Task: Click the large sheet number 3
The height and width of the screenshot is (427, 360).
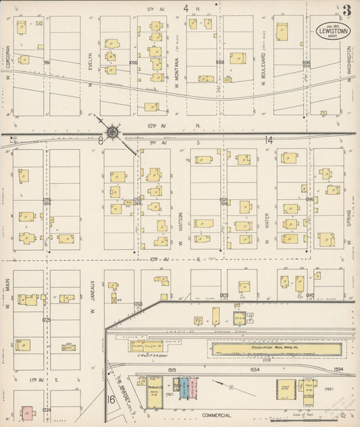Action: (346, 11)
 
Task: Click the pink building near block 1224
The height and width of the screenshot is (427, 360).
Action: (27, 411)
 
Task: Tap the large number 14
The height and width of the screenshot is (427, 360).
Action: (268, 141)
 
